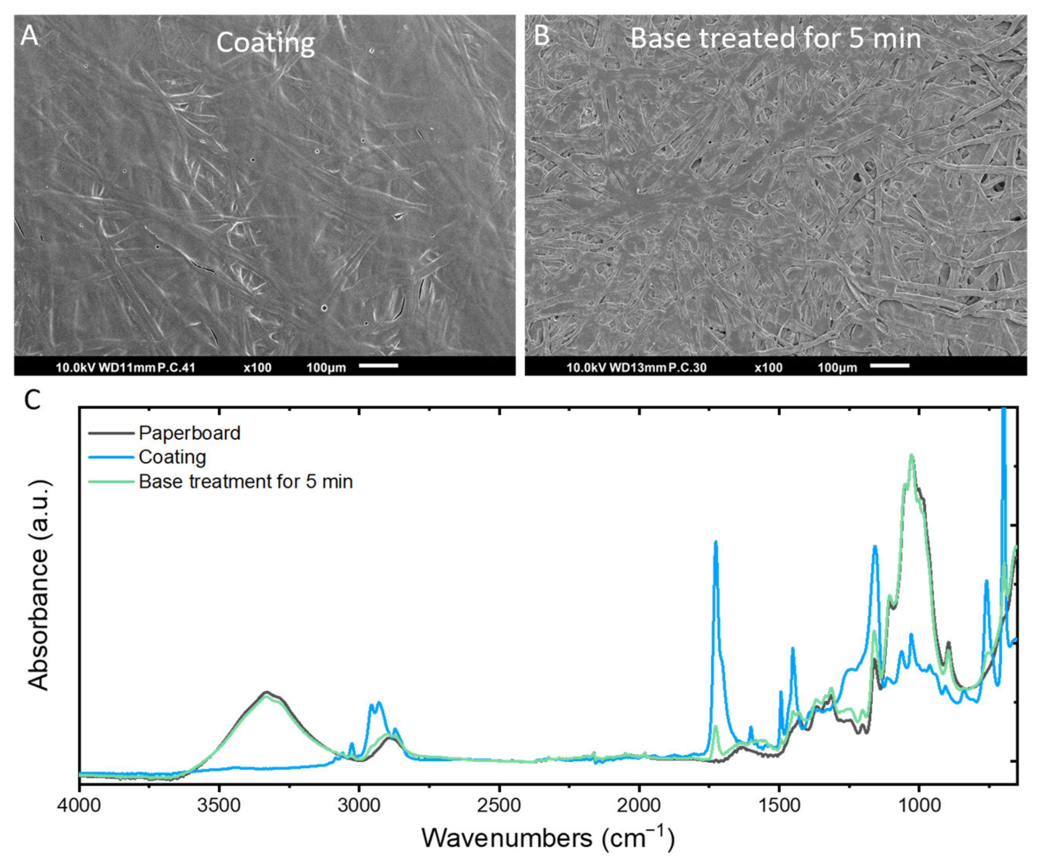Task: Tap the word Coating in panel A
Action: tap(265, 43)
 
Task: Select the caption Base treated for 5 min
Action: tap(775, 39)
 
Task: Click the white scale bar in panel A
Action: tap(378, 366)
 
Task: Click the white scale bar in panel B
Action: tap(889, 366)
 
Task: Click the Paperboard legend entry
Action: tap(189, 433)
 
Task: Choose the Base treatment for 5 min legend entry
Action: tap(246, 481)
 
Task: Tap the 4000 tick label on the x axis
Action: tap(79, 805)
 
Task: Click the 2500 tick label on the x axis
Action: tap(499, 805)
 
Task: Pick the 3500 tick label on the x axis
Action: tap(219, 805)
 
